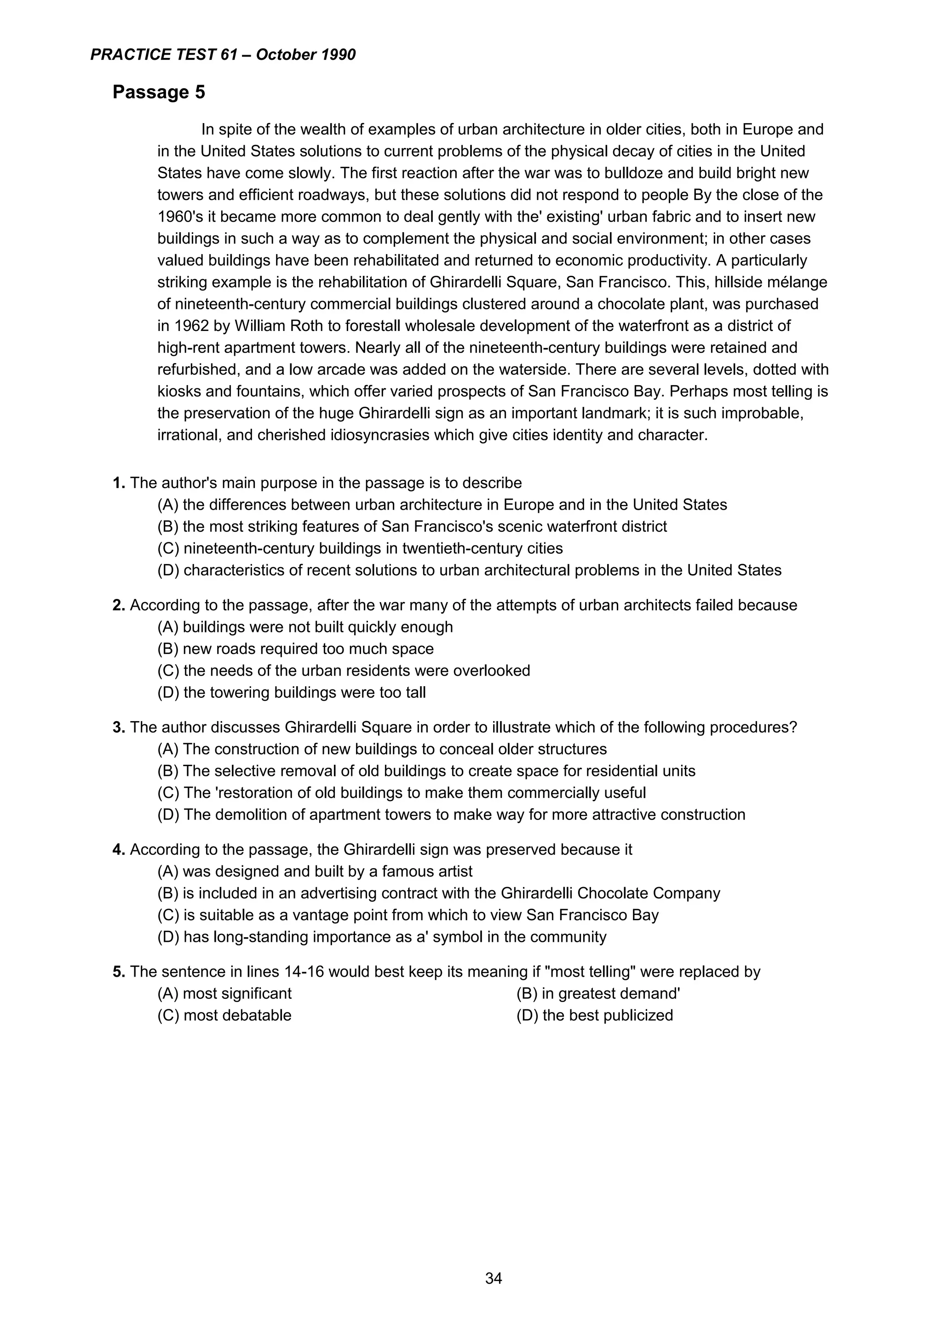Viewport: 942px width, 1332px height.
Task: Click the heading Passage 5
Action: point(158,92)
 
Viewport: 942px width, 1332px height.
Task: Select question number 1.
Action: point(118,483)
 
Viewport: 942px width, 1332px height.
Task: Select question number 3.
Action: point(118,727)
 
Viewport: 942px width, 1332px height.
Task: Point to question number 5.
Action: point(118,971)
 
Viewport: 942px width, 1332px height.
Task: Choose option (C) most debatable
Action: point(224,1015)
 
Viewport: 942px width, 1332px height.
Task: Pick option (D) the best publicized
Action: point(594,1015)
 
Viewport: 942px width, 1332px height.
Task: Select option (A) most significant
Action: point(224,993)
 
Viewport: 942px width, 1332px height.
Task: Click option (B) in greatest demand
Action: point(598,993)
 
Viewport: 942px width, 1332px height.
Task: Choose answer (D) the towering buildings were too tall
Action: point(291,692)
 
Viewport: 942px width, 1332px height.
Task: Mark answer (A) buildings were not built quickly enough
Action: point(304,626)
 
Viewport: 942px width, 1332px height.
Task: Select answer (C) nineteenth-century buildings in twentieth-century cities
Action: point(360,548)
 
